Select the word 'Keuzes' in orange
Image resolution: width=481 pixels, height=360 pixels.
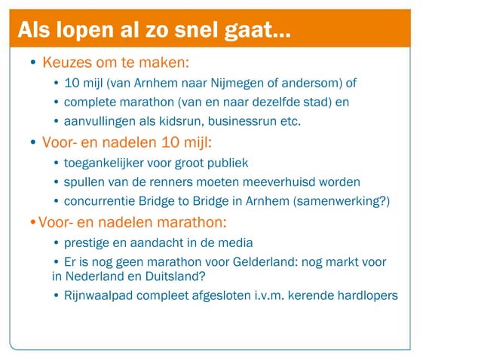[65, 61]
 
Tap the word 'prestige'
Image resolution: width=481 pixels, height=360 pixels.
[87, 243]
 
